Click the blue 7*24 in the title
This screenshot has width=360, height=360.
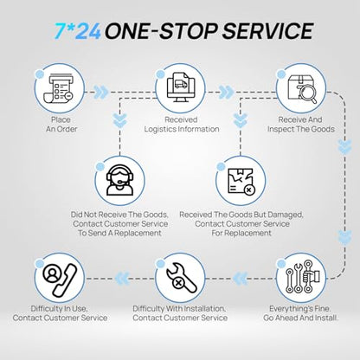point(78,31)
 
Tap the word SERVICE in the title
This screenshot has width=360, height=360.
point(267,31)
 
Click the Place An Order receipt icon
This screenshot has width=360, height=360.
point(59,88)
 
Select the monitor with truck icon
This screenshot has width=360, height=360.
point(181,87)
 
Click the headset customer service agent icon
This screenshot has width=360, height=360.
point(119,180)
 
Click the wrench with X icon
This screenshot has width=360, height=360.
point(182,278)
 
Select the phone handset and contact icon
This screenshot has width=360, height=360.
point(60,280)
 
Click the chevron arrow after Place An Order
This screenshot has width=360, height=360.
point(101,93)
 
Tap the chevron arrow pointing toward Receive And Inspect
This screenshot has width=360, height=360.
point(227,93)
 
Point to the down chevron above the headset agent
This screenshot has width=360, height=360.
point(119,120)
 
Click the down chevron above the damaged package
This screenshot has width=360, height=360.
point(241,120)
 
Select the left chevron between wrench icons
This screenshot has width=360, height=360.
point(240,279)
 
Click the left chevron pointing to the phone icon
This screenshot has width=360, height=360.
point(122,279)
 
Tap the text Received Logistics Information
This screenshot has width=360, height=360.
point(182,125)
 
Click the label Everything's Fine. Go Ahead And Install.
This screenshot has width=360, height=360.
point(300,313)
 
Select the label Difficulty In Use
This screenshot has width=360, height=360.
point(59,309)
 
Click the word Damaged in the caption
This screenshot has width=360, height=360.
point(285,215)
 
